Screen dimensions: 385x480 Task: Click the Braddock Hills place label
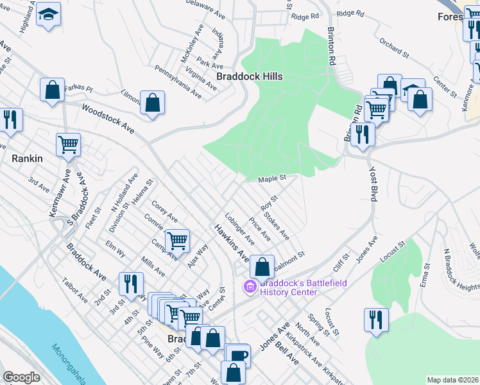(250, 76)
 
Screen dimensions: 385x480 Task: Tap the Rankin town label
(27, 157)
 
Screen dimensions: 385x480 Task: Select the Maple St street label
(271, 178)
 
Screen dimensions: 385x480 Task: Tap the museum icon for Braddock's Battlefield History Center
(250, 287)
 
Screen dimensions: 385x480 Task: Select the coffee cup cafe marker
(237, 355)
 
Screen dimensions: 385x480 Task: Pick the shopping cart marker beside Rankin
(68, 144)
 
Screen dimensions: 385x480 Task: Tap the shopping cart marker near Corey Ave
(177, 241)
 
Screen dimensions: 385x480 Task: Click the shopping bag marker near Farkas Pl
(52, 90)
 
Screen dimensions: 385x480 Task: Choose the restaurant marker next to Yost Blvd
(363, 135)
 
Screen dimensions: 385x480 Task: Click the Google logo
(21, 377)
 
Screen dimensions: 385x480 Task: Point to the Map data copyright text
(452, 380)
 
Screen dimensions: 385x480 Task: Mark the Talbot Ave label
(74, 290)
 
